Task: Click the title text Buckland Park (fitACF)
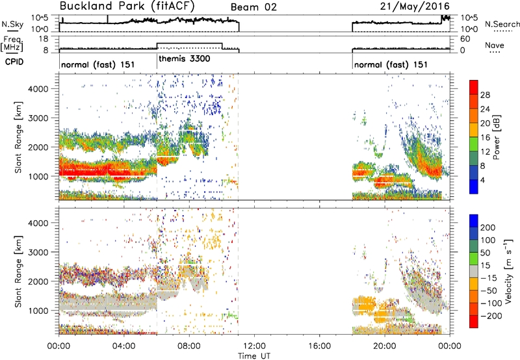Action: (x=127, y=6)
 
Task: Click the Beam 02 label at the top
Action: (x=253, y=7)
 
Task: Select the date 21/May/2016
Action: (x=415, y=6)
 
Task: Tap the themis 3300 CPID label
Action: (x=185, y=59)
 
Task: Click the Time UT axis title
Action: (x=254, y=356)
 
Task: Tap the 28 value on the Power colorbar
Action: (x=485, y=95)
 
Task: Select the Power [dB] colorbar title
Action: (x=497, y=137)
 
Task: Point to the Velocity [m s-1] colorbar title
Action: (x=508, y=271)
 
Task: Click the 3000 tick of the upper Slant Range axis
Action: (x=38, y=118)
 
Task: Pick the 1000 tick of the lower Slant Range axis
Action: (x=38, y=311)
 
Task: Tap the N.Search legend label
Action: (x=502, y=24)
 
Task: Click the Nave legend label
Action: (x=495, y=45)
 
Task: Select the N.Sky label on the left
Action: (x=12, y=24)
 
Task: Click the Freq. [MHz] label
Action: (x=12, y=44)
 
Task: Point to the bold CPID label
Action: (x=14, y=62)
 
